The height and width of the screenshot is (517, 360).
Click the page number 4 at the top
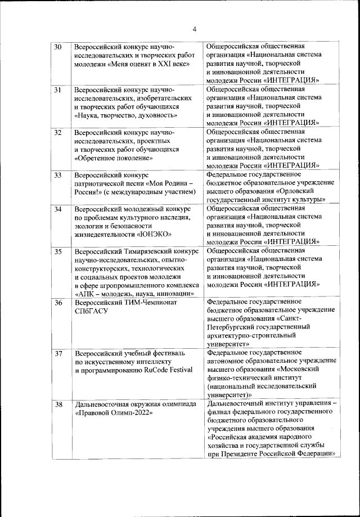tap(193, 29)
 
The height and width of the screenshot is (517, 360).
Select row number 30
tap(58, 46)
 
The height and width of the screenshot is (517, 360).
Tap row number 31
tap(58, 89)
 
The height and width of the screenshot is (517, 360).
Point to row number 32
tap(58, 133)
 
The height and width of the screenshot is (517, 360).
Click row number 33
tap(58, 176)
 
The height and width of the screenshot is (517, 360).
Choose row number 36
tap(58, 303)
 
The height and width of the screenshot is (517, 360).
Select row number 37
tap(58, 354)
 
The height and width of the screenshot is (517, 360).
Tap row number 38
tap(58, 404)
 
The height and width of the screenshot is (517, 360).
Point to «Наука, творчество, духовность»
tap(125, 115)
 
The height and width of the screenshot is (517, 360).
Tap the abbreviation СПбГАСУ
tap(94, 311)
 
